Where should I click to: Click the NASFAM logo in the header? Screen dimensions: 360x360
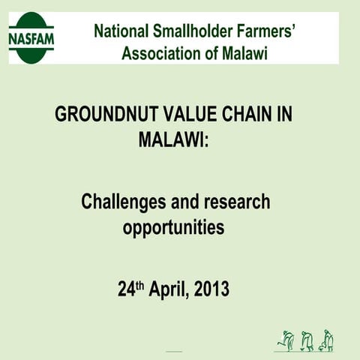(31, 37)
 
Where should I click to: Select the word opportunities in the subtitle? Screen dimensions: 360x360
(173, 226)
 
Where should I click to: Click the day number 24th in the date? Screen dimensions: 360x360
(128, 289)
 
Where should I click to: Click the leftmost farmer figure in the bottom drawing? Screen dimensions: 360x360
(285, 339)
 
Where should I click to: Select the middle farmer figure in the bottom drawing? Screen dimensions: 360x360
(306, 340)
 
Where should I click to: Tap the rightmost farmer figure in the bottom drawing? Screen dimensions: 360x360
(327, 339)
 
